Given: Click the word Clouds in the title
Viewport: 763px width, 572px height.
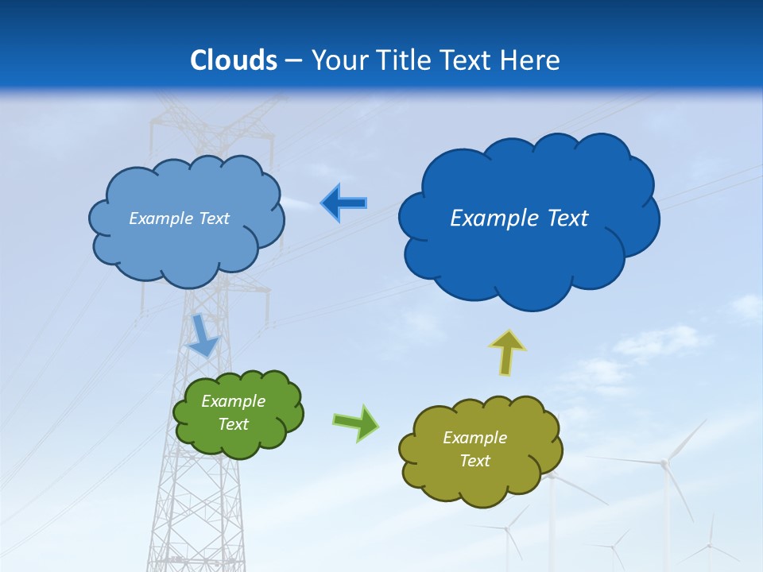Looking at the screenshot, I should pos(234,60).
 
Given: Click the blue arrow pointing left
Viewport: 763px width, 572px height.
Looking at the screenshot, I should pos(343,203).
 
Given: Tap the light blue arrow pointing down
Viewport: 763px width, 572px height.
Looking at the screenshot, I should pos(203,334).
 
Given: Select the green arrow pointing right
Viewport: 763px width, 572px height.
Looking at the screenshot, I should pos(355,423).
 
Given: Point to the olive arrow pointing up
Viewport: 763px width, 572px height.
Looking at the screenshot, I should pos(506,352).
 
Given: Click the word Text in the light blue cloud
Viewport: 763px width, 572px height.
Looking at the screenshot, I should pos(213,218).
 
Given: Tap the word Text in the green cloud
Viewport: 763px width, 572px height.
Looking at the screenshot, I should pos(234,424).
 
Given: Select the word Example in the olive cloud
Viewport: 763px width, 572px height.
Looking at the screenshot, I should pos(474,438).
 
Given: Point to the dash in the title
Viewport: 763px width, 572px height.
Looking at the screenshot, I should pos(294,60).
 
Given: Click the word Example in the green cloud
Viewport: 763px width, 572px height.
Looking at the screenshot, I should pos(234,402).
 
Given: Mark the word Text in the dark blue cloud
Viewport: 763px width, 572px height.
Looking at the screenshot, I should pos(567,218).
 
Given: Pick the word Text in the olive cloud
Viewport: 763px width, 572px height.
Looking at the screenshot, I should pos(474,461).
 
